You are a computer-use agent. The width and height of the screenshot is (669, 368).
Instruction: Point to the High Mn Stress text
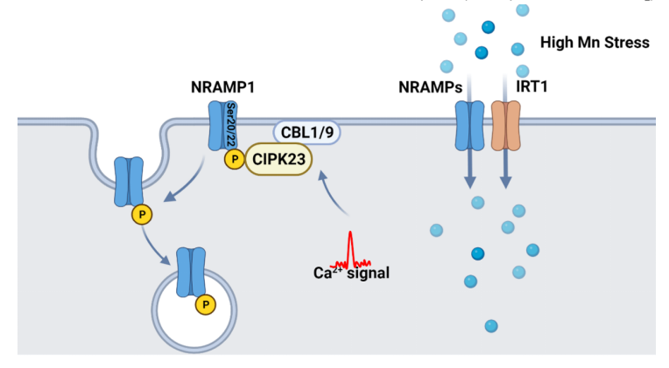[595, 42]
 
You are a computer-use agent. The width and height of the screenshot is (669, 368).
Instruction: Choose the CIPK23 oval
[279, 160]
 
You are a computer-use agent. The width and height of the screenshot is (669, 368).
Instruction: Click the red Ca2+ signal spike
[350, 249]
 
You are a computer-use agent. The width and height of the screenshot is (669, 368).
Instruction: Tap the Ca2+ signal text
[351, 273]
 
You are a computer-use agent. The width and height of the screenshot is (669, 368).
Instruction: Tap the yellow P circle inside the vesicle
[206, 303]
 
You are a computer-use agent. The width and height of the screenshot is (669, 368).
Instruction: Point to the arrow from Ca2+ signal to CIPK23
[335, 194]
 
